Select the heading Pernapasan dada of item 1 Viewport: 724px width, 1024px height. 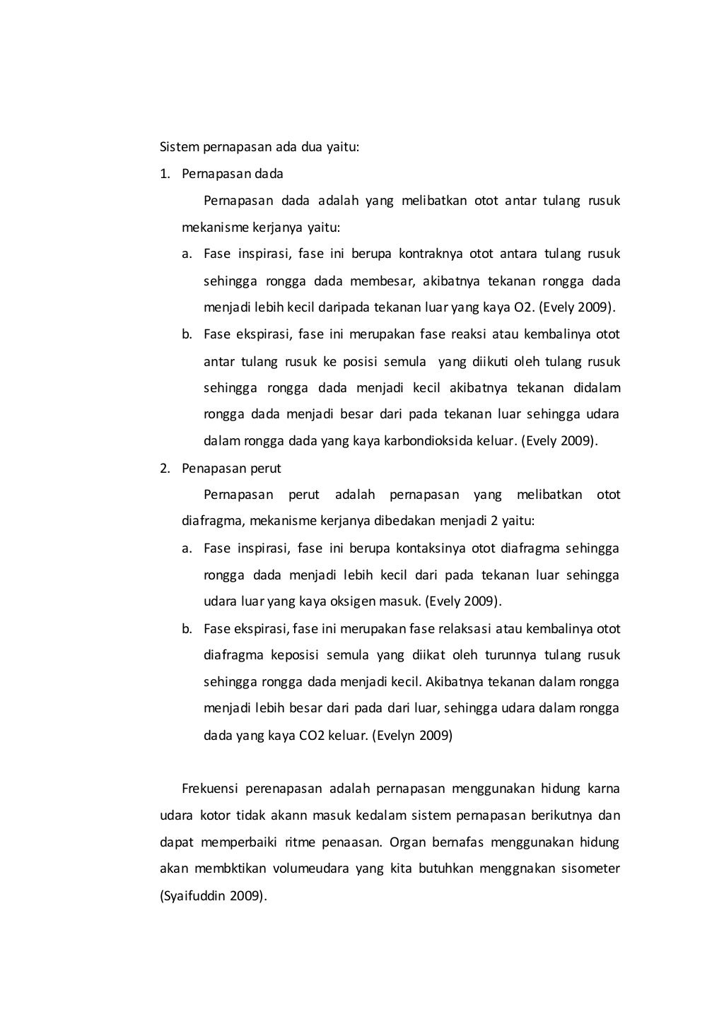232,174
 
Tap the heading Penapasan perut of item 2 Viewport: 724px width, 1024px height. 231,469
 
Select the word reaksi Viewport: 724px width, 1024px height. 486,334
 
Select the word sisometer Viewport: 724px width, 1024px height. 592,869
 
